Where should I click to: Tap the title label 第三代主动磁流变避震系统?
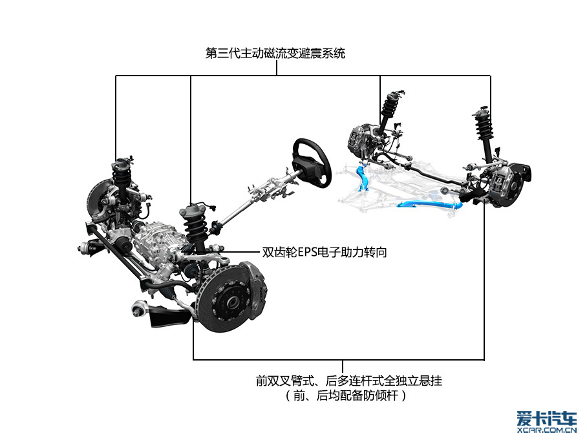[x=275, y=53]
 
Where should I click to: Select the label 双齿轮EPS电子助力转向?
[x=324, y=252]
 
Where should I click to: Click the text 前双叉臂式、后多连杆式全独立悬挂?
[x=349, y=381]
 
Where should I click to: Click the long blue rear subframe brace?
[x=431, y=204]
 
